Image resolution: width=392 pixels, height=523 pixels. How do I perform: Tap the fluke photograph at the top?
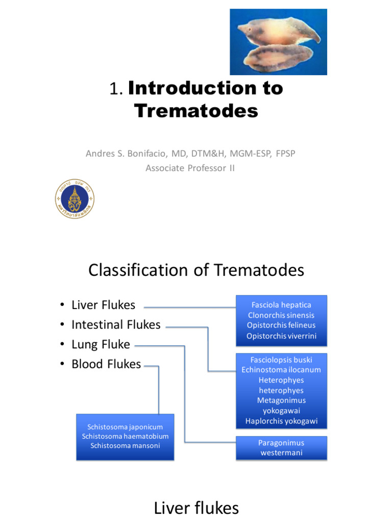point(278,42)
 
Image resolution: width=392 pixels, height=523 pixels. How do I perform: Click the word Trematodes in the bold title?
point(197,111)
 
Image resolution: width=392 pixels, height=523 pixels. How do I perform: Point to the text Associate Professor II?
point(190,168)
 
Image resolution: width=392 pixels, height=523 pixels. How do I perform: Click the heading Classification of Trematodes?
point(196,270)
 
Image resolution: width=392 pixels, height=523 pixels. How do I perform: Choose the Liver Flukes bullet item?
point(103,305)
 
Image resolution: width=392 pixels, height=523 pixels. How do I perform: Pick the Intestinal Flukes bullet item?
point(116,325)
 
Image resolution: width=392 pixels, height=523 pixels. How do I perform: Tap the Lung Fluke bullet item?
point(101,345)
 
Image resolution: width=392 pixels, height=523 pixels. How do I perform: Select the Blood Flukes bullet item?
point(106,364)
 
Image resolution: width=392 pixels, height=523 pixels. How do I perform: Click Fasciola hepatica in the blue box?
point(281,305)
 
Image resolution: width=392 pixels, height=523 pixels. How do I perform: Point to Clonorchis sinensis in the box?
point(281,315)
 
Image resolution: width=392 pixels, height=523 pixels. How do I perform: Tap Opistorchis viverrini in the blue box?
point(281,336)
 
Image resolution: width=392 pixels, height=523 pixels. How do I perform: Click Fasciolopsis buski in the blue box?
point(281,360)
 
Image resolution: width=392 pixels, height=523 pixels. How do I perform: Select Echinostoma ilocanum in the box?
point(281,370)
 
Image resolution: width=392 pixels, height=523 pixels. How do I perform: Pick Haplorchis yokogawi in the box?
point(281,421)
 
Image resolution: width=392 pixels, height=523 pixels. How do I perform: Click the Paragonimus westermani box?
point(281,448)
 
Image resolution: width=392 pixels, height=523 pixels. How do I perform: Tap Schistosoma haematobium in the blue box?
point(125,436)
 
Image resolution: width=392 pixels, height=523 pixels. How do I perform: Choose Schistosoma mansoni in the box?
point(125,446)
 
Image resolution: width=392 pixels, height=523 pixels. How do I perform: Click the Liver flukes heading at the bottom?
point(196,508)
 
